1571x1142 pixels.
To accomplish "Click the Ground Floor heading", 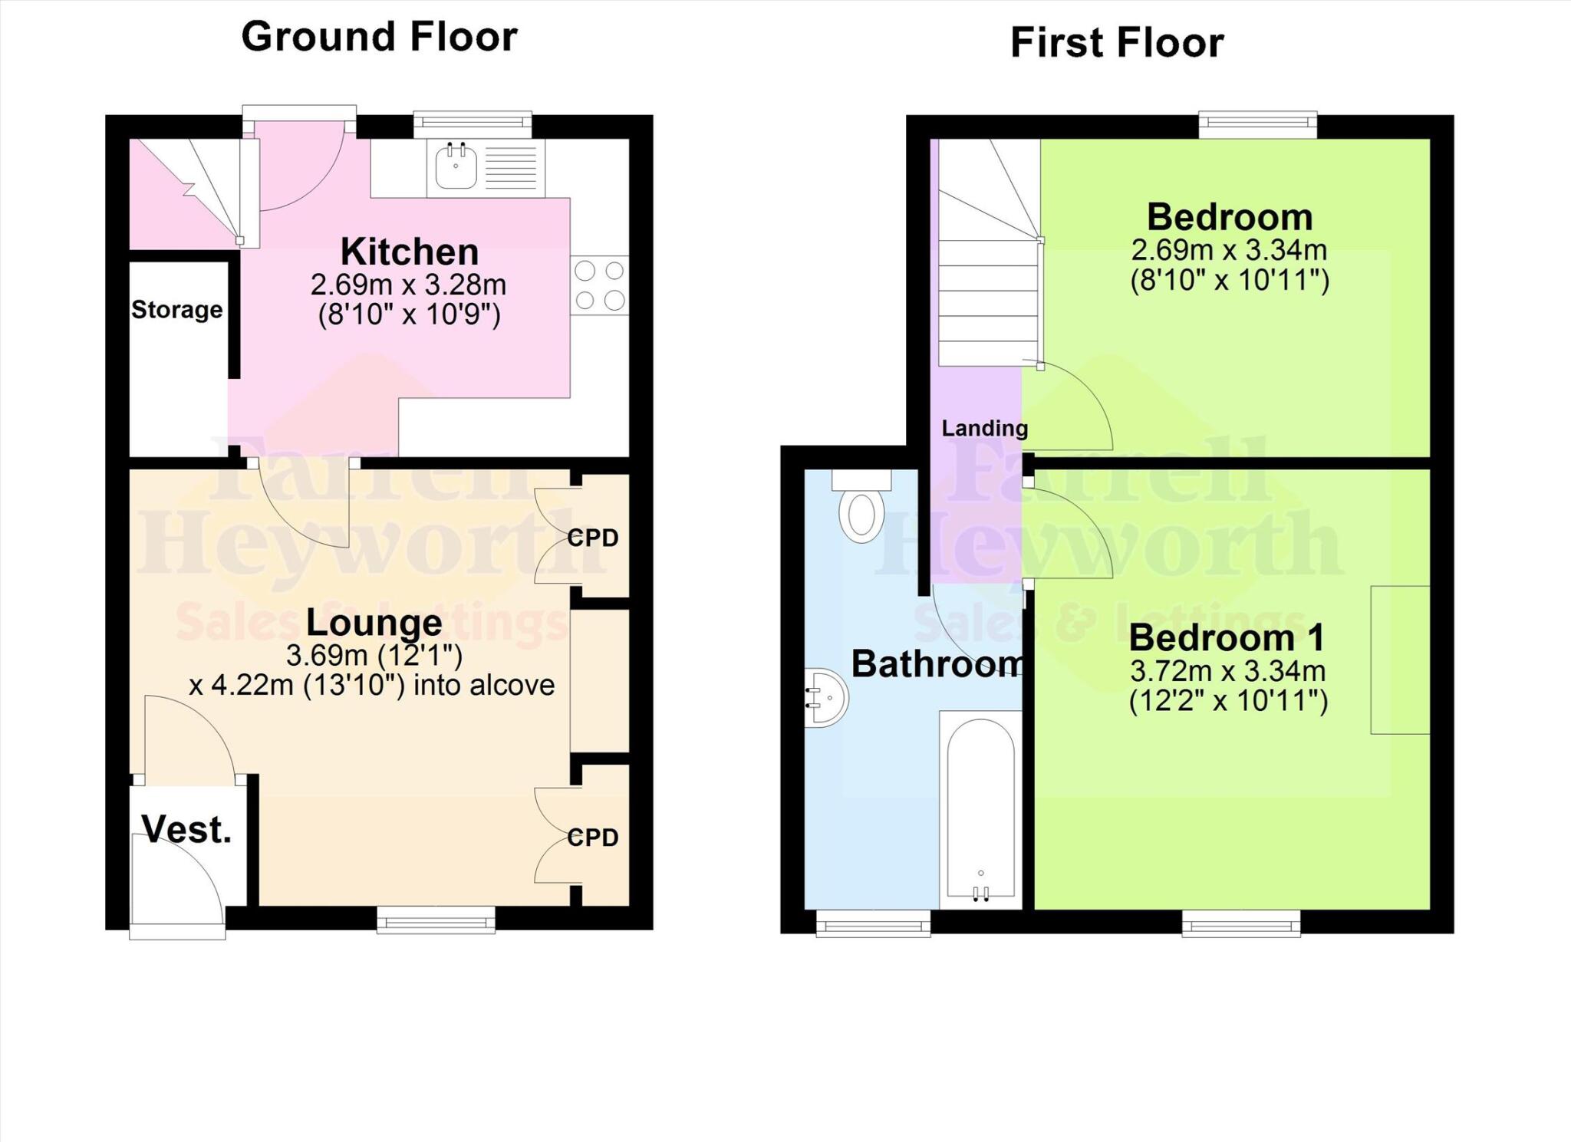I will [379, 37].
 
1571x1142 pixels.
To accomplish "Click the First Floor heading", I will [1116, 42].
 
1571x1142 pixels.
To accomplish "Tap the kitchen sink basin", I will [456, 167].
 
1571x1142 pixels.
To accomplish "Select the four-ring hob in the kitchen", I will [599, 285].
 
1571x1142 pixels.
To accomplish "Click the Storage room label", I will [176, 310].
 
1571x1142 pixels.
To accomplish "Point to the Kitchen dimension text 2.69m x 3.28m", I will [408, 285].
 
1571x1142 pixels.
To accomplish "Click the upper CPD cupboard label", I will [593, 538].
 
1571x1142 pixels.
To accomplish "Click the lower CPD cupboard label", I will [593, 837].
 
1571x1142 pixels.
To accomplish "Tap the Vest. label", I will [186, 830].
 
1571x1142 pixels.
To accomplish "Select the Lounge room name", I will [374, 622].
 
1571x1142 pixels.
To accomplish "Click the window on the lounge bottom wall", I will [436, 920].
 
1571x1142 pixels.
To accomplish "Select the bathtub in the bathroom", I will [981, 809].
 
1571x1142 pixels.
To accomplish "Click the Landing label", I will [984, 428].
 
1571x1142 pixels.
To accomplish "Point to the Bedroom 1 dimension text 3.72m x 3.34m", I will [1227, 672].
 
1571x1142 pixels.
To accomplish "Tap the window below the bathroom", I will [873, 924].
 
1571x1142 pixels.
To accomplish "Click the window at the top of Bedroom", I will [1258, 125].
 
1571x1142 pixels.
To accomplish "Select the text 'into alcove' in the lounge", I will [483, 685].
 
